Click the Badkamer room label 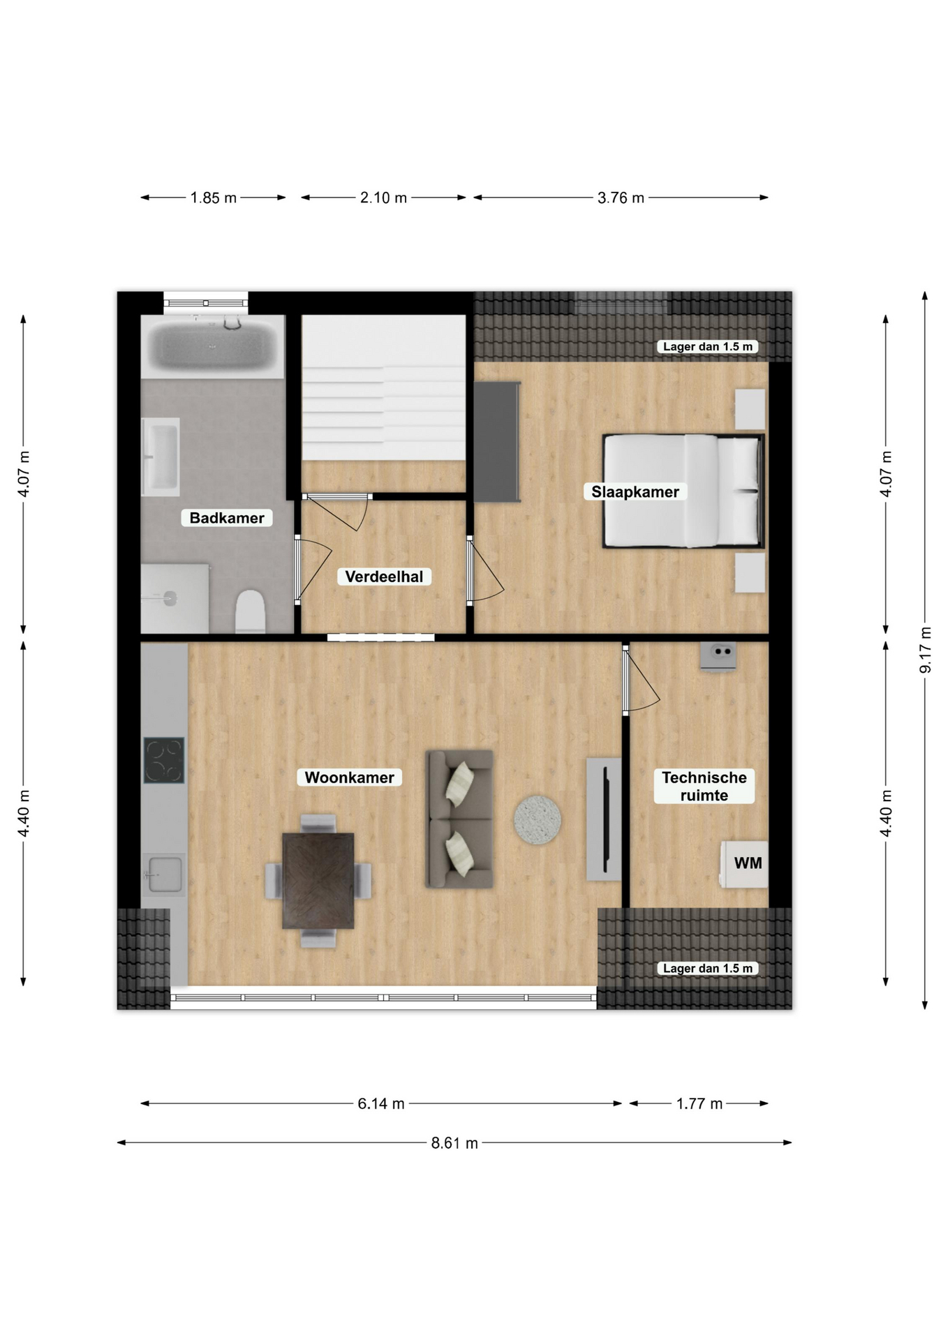pos(227,518)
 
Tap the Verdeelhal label pos(384,576)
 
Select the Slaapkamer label pos(635,492)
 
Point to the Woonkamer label pos(349,777)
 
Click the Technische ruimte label pos(704,787)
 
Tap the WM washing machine pos(744,864)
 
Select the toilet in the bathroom pos(250,611)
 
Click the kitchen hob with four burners pos(164,760)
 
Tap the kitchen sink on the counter pos(165,874)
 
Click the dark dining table pos(318,881)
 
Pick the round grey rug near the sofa pos(538,820)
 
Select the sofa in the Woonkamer pos(459,819)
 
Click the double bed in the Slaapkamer pos(684,491)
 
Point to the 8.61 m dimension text pos(454,1143)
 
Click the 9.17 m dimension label pos(925,650)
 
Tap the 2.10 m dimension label pos(383,198)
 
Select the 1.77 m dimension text pos(699,1103)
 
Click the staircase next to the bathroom pos(383,388)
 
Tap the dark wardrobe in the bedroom pos(497,442)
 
